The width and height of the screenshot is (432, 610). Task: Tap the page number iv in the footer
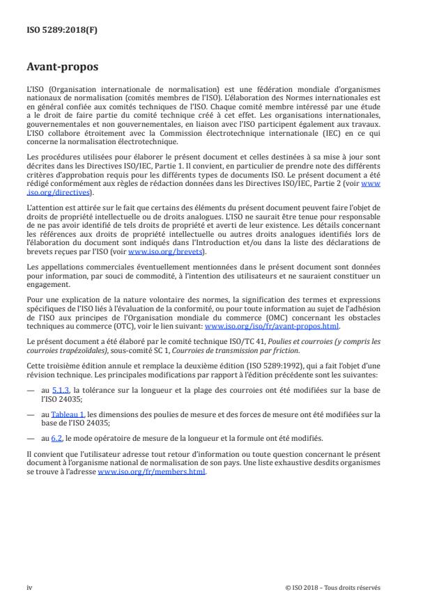(29, 587)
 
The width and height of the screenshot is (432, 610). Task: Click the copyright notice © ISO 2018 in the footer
(333, 587)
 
